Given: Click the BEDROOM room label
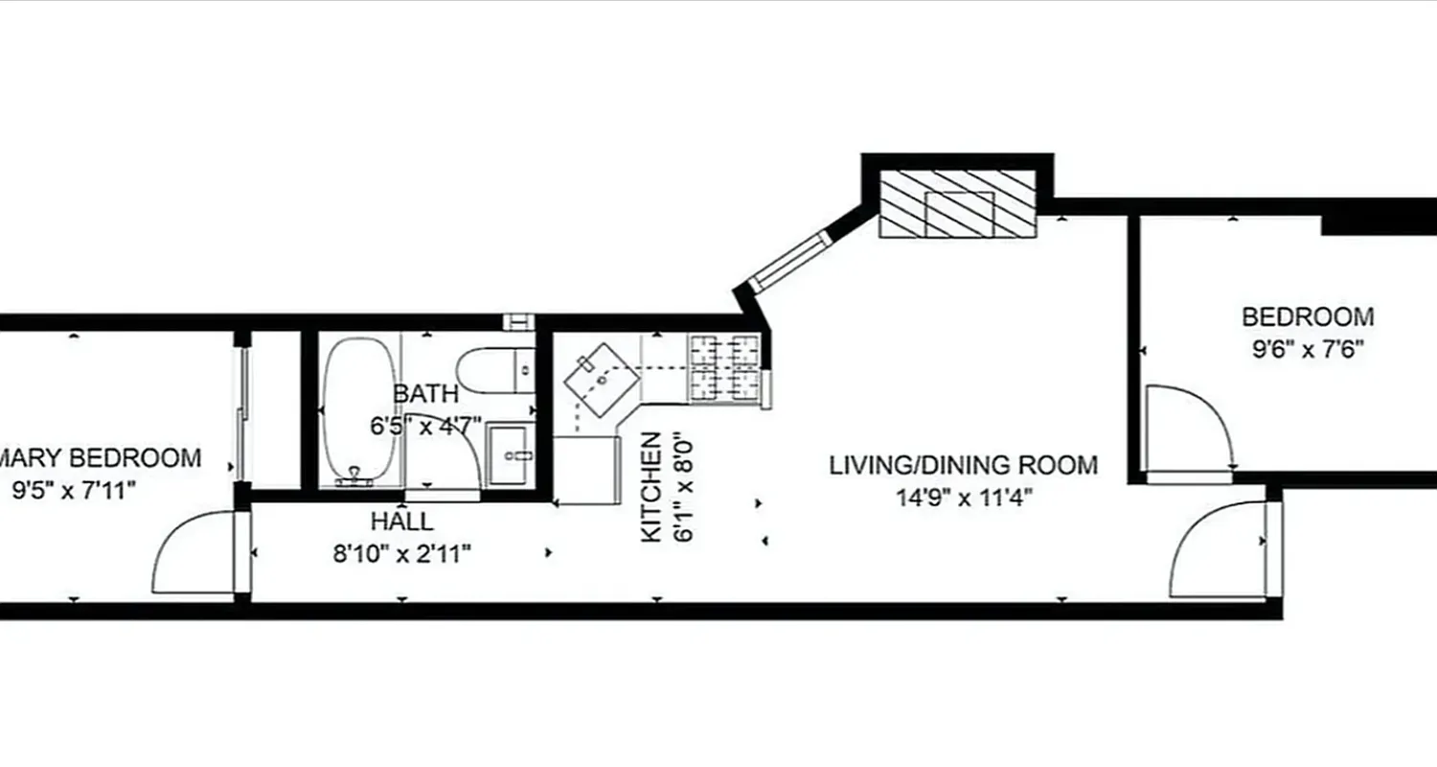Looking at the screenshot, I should coord(1308,316).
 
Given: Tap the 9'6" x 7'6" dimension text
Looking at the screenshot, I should coord(1308,348).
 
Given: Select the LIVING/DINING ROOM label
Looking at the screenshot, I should coord(963,466).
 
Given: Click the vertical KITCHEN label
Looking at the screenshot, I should coord(650,487).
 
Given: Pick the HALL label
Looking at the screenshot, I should coord(401,523).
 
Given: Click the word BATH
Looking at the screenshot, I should coord(425,393).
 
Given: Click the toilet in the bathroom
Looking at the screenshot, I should coord(493,369).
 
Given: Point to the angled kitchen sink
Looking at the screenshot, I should coord(602,380).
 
